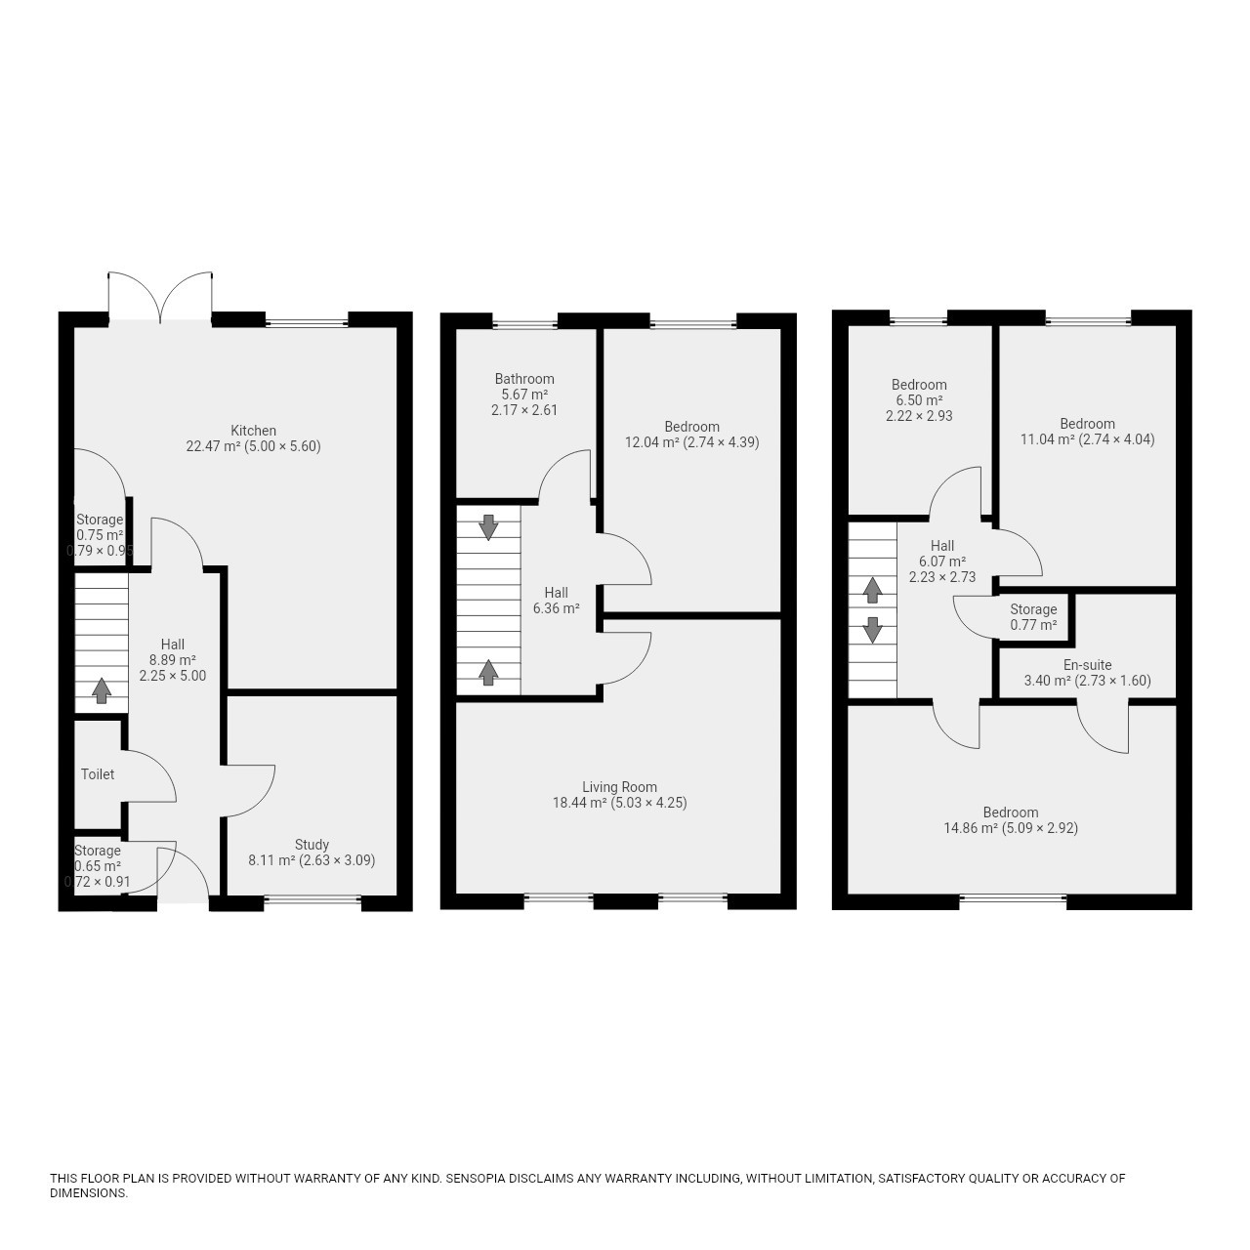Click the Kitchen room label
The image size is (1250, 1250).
tap(254, 431)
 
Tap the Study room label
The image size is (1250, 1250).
tap(312, 845)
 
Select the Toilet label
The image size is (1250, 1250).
tap(98, 773)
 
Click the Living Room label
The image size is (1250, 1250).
tap(619, 787)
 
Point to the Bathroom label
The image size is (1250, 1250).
tap(524, 379)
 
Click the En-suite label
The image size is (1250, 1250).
tap(1087, 665)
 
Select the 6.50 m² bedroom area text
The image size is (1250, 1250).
tap(919, 400)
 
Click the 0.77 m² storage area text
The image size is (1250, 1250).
tap(1033, 625)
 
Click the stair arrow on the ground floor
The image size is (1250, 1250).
tap(101, 690)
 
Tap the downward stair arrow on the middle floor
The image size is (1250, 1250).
tap(488, 527)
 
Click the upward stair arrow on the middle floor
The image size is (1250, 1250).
tap(488, 672)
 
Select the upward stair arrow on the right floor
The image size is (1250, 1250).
tap(872, 590)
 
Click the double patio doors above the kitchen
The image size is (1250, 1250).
tap(160, 296)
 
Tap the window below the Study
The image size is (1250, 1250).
tap(312, 899)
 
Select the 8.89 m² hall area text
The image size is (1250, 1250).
tap(173, 660)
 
